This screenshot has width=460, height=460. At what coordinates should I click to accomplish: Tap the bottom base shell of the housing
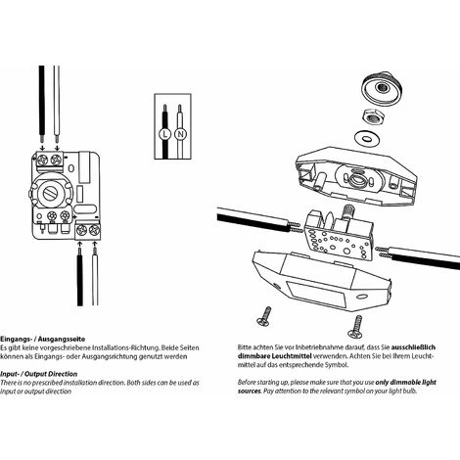323,284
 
